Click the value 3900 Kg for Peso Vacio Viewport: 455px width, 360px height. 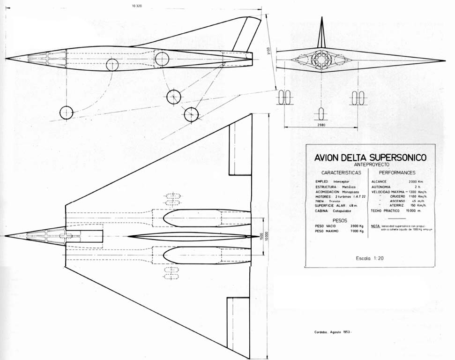pyautogui.click(x=357, y=226)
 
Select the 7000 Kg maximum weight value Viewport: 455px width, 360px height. pyautogui.click(x=357, y=231)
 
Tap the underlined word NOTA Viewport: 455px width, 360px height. pyautogui.click(x=375, y=226)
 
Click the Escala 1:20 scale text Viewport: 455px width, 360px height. pyautogui.click(x=370, y=258)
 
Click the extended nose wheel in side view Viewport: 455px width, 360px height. pyautogui.click(x=67, y=112)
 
